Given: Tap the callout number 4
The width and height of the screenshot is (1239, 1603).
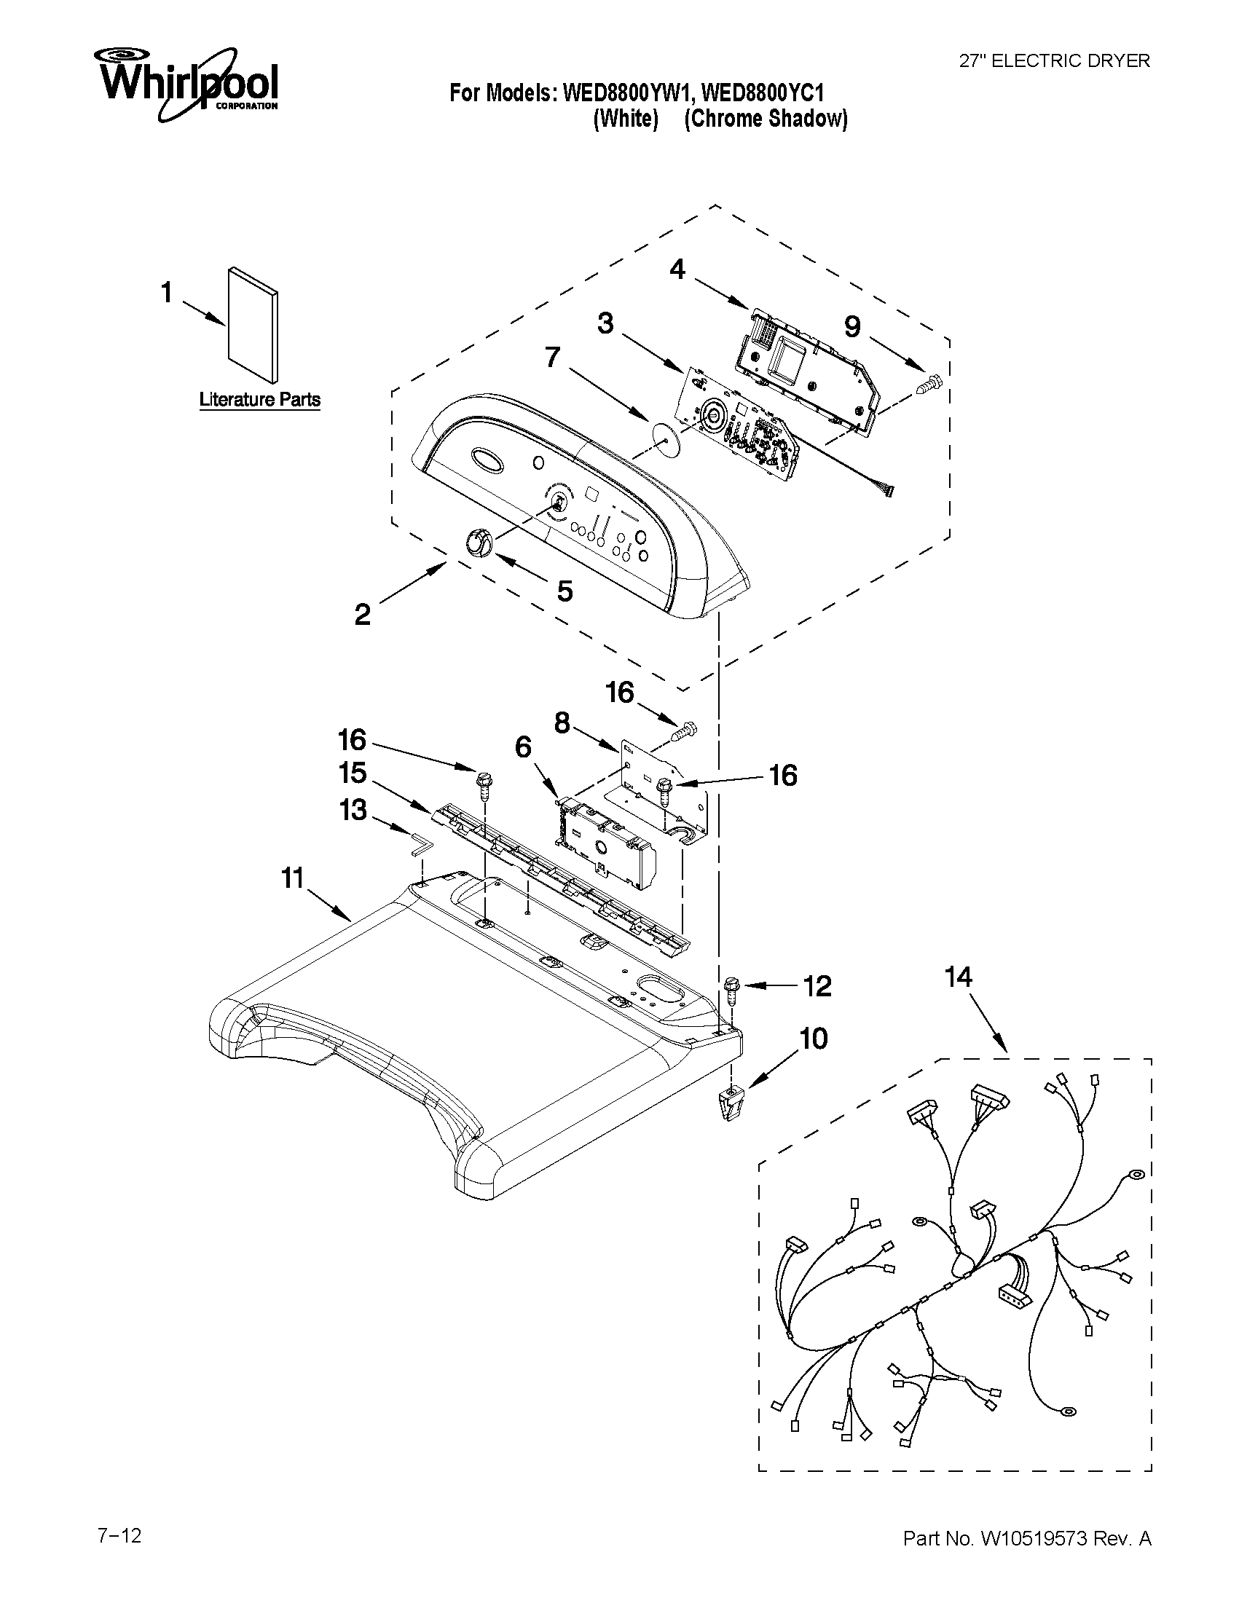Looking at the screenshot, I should pos(677,270).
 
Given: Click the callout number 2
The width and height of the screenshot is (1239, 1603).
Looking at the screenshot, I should pos(363,615).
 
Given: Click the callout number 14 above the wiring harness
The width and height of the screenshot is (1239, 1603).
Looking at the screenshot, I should pos(958,977).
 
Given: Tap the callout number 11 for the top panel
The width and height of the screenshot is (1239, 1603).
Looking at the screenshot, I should pos(293,877).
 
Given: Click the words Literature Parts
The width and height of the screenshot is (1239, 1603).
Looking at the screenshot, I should pos(260,400).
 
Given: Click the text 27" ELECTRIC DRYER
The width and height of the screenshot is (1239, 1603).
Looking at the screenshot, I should pos(1055,61).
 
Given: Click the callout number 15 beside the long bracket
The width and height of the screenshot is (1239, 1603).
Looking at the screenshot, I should pos(353,773).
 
